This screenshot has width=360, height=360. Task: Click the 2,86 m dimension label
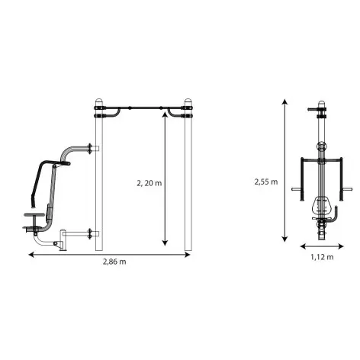114,262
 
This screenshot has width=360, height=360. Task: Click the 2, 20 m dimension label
149,183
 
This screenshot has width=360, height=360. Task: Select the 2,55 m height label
266,182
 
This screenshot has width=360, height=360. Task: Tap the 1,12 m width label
322,257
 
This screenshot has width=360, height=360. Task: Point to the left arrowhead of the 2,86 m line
31,255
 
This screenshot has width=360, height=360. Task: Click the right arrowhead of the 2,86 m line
188,255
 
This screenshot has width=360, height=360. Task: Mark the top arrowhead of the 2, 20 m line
166,115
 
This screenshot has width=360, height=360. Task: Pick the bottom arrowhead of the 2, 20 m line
166,243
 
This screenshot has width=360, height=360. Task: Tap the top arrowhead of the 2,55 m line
285,101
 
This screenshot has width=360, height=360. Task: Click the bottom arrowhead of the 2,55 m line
285,239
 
